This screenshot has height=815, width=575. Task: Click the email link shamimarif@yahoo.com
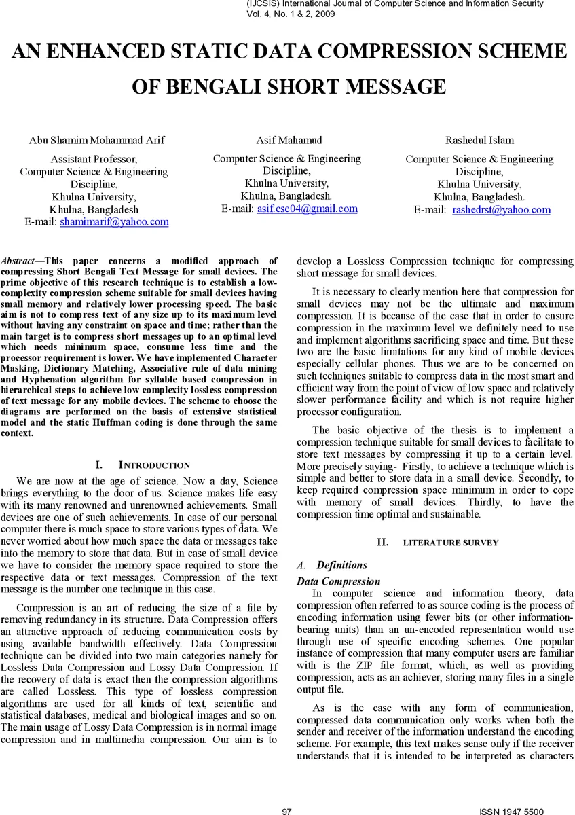click(x=114, y=222)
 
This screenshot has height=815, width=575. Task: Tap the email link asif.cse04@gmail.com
click(x=307, y=209)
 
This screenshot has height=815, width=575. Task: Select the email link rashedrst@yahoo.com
click(x=501, y=210)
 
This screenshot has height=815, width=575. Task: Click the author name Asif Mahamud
click(x=289, y=141)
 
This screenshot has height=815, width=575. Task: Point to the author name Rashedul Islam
click(x=479, y=141)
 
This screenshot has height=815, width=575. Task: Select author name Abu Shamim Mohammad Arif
click(x=96, y=141)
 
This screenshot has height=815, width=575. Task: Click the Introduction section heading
click(x=154, y=465)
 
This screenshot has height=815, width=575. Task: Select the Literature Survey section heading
click(x=450, y=543)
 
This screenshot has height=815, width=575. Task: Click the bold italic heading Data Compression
click(x=338, y=581)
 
